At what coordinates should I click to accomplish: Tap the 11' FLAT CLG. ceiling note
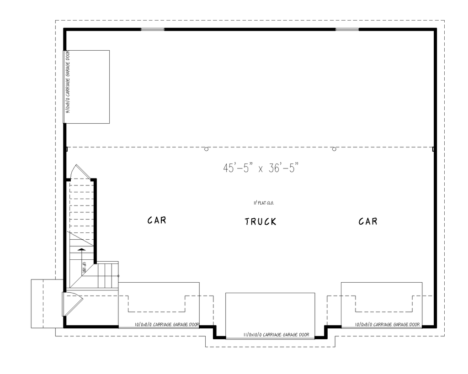point(263,202)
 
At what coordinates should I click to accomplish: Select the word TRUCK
point(261,222)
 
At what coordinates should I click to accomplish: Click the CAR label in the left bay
point(156,221)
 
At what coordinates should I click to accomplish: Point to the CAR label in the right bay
point(368,221)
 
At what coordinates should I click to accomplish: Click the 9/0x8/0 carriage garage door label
point(68,82)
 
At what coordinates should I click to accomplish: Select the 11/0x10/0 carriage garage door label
point(270,335)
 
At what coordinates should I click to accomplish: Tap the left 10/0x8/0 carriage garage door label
point(167,325)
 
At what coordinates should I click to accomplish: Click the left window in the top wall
point(152,30)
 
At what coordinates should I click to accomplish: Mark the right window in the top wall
point(347,30)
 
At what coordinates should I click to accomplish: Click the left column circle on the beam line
point(206,149)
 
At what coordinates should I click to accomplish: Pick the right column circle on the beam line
point(334,149)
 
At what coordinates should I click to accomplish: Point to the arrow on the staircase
point(81,249)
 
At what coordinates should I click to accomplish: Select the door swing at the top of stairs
point(80,172)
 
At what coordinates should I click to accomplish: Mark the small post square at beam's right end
point(433,149)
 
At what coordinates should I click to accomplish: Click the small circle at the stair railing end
point(119,276)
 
